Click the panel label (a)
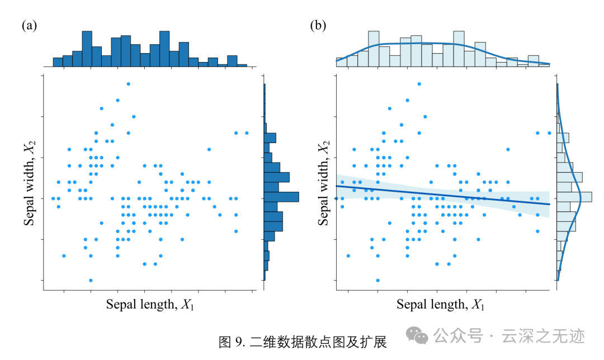coord(29,26)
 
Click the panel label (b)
coord(318,26)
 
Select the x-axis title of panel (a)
coord(150,305)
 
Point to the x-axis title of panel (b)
coord(441,305)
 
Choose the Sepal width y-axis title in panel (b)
coord(323,183)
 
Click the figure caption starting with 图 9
coord(303,342)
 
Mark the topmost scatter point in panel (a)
coord(128,84)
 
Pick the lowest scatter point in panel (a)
coord(91,280)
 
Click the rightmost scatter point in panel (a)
coord(247,133)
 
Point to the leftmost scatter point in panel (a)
coord(53,198)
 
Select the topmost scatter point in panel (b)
coord(419,84)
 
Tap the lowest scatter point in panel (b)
coord(378,280)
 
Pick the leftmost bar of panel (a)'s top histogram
coord(58,62)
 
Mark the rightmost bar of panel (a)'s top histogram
coord(242,65)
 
